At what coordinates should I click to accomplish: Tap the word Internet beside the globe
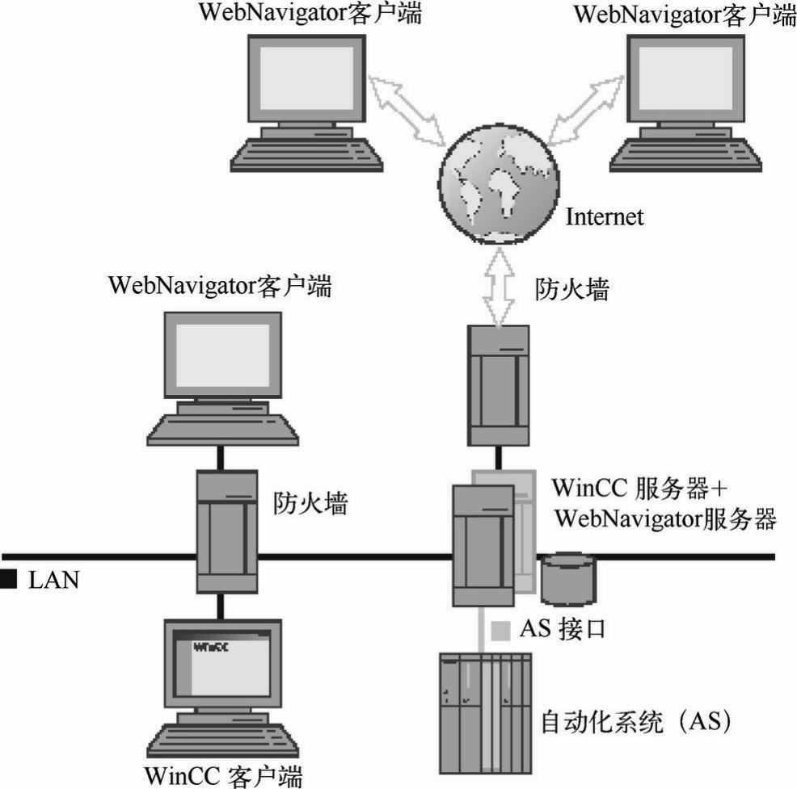click(x=604, y=216)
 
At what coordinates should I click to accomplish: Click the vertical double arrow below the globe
click(x=499, y=287)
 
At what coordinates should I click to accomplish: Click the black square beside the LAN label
click(x=8, y=580)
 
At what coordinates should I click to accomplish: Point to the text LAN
click(x=53, y=580)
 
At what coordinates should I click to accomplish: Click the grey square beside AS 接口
click(x=501, y=627)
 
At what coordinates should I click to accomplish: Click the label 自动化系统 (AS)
click(x=639, y=719)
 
